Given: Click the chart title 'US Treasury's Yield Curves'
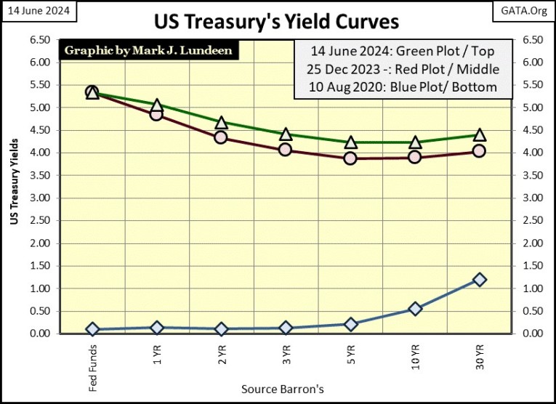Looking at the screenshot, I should pos(277,22).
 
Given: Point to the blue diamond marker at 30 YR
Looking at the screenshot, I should pos(479,280).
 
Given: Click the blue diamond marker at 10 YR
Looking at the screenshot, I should pos(415,309).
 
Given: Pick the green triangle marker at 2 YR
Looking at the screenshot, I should pos(221,123).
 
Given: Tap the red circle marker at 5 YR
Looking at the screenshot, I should pos(350,158).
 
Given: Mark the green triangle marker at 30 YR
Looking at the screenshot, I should pos(479,135).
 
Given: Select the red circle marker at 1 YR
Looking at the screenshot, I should pos(156,114).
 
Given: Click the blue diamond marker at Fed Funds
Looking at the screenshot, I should pos(92,329).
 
